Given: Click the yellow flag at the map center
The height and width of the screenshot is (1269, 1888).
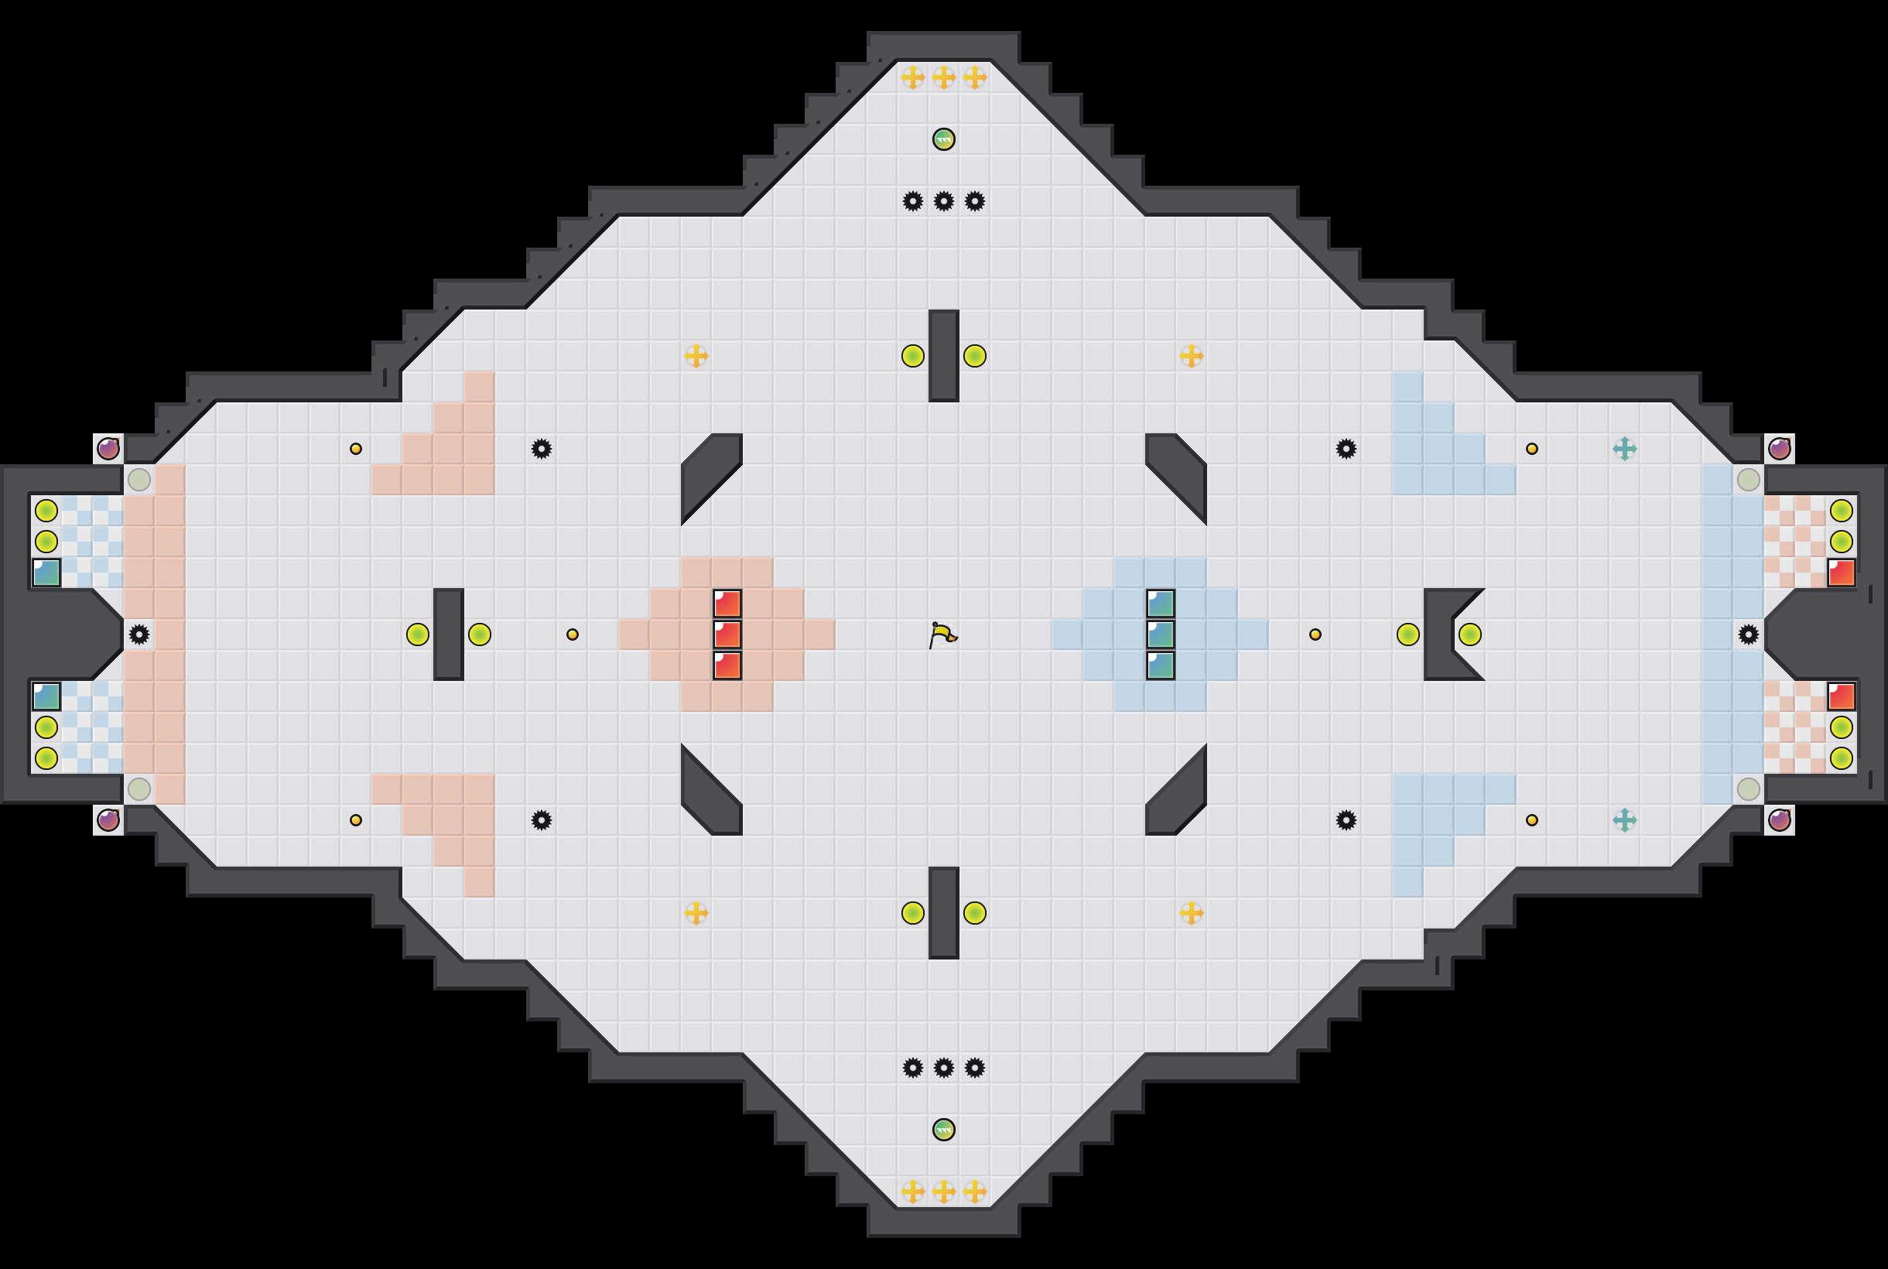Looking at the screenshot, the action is [x=942, y=635].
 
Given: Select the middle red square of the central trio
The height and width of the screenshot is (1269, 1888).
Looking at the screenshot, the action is [x=727, y=634].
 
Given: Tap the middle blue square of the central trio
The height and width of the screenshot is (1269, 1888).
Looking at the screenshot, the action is [x=1161, y=634].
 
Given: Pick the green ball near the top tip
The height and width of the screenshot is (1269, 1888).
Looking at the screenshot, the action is [x=943, y=139].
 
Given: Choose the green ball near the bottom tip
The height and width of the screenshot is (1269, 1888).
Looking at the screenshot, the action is [x=943, y=1129].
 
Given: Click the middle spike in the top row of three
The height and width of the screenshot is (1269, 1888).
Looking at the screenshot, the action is [x=943, y=200].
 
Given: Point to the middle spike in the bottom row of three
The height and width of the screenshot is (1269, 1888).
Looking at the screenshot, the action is [x=943, y=1068].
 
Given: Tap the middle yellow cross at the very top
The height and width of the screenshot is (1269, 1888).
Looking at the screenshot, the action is [x=943, y=77].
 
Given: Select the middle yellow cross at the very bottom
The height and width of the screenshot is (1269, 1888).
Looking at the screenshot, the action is [x=943, y=1192].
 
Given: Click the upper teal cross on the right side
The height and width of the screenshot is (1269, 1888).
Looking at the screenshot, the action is [x=1624, y=448].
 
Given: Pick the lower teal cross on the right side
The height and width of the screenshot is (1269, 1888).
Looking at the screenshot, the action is [x=1624, y=820].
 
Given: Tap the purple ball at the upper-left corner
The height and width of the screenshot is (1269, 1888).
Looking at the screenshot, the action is [x=108, y=448].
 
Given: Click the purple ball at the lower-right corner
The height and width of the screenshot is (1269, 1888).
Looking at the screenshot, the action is [x=1779, y=820].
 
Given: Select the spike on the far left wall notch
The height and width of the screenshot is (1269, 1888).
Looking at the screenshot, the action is [x=139, y=634].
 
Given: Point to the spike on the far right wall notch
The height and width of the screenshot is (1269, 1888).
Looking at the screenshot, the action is [x=1748, y=634].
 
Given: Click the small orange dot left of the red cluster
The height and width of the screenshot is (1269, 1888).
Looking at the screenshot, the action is [x=572, y=634].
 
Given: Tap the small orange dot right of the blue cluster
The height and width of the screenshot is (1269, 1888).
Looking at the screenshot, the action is [x=1315, y=634].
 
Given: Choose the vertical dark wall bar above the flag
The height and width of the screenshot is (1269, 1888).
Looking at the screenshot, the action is [x=943, y=355].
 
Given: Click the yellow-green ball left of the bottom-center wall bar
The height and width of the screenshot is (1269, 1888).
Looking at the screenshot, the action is [x=913, y=913].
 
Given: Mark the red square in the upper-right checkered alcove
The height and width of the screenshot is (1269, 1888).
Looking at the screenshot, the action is [x=1841, y=572].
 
